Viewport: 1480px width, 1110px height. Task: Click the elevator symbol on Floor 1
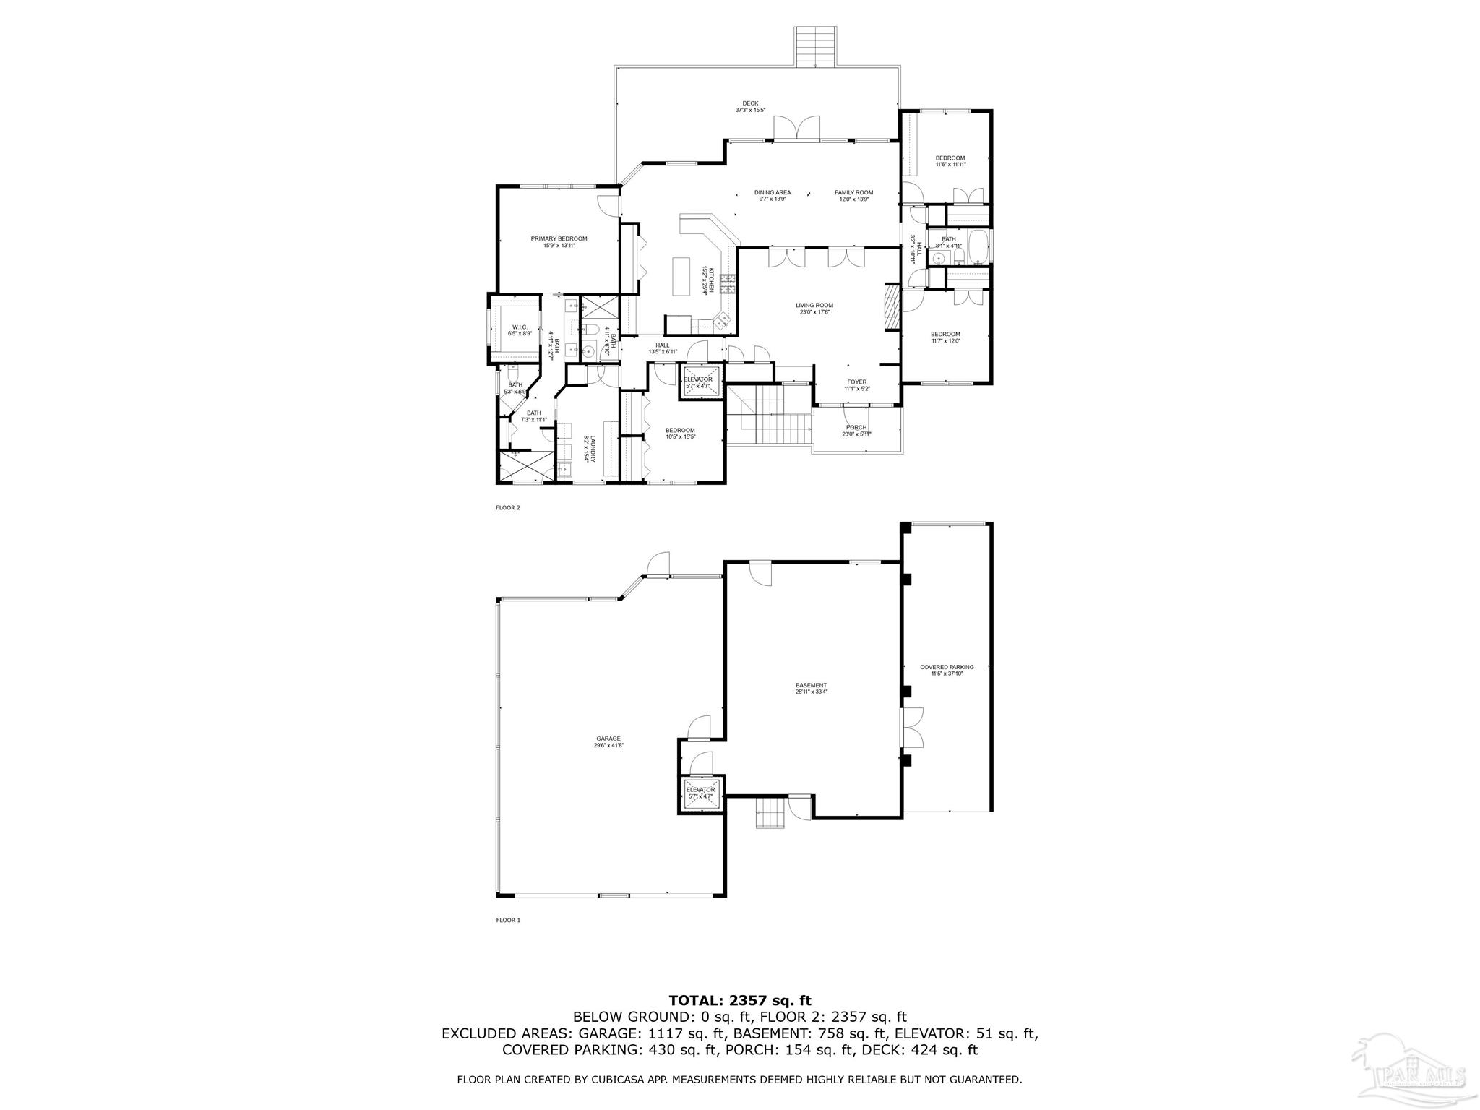point(700,793)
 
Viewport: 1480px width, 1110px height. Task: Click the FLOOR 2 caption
point(507,507)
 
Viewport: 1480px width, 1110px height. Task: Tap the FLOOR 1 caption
point(507,920)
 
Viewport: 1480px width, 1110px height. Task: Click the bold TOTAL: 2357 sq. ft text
point(740,1000)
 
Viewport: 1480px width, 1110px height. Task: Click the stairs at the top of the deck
point(817,46)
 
